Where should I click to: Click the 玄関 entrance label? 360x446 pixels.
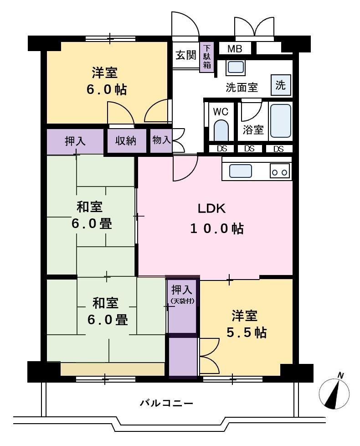click(x=185, y=55)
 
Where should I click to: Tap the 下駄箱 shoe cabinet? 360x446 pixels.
click(x=207, y=57)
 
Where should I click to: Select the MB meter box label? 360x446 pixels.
click(x=235, y=49)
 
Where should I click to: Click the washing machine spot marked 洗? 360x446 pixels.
click(x=280, y=85)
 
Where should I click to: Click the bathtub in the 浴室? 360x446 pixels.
click(x=280, y=121)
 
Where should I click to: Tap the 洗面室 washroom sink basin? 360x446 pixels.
click(x=236, y=67)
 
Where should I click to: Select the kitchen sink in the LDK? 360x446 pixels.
click(x=240, y=171)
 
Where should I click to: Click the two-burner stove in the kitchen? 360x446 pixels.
click(x=280, y=171)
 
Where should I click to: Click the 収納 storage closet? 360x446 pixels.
click(x=126, y=141)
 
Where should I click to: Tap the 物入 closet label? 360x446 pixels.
click(x=161, y=140)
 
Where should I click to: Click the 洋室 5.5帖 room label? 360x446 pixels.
click(x=246, y=324)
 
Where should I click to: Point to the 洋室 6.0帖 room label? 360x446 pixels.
click(x=106, y=81)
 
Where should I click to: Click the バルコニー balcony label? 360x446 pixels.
click(x=166, y=403)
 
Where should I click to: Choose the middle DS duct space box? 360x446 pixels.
click(x=249, y=149)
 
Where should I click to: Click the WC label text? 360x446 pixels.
click(x=221, y=112)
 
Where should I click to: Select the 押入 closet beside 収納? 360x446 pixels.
click(x=75, y=141)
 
